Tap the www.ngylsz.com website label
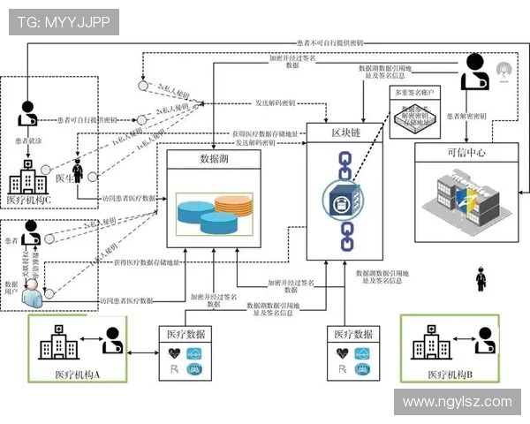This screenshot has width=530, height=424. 457,402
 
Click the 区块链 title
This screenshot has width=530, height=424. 344,132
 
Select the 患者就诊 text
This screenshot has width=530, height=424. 28,140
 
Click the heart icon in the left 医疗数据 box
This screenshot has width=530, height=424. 174,352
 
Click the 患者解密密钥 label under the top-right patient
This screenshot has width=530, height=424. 467,115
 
